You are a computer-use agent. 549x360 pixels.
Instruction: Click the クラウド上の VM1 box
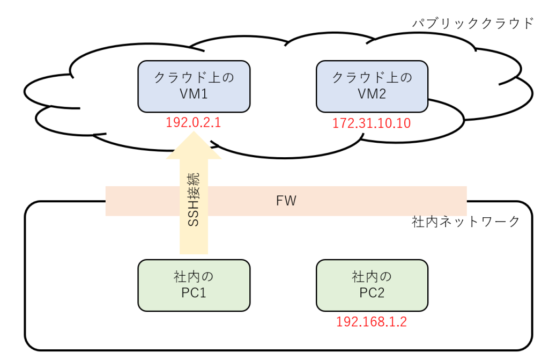(x=194, y=86)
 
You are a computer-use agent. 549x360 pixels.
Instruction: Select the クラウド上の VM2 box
(x=372, y=86)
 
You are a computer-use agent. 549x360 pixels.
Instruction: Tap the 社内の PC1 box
(x=194, y=285)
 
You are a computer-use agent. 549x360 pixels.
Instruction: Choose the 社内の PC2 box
(x=372, y=285)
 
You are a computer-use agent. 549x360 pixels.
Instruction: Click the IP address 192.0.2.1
(x=193, y=122)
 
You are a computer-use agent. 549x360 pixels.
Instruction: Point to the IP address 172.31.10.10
(x=372, y=123)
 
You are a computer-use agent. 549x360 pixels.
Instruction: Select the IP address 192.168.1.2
(x=372, y=321)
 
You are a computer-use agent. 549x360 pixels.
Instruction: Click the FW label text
(x=286, y=201)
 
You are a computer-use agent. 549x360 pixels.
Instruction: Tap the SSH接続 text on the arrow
(x=193, y=199)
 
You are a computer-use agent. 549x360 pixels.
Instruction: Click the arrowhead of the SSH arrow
(x=194, y=132)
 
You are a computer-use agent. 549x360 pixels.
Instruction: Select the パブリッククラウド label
(x=473, y=23)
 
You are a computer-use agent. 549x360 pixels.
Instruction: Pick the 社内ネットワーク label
(x=466, y=222)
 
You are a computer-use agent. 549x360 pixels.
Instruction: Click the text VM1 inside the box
(x=194, y=94)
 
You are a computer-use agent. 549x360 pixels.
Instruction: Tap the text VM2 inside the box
(x=372, y=94)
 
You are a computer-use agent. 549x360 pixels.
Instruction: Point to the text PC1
(x=194, y=293)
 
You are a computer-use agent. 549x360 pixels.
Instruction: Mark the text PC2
(x=372, y=293)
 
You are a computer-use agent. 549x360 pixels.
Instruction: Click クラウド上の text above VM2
(x=372, y=77)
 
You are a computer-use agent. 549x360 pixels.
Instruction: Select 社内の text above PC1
(x=194, y=277)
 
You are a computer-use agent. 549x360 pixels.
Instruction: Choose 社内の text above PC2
(x=372, y=277)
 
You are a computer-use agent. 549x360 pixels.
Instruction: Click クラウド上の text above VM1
(x=194, y=77)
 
